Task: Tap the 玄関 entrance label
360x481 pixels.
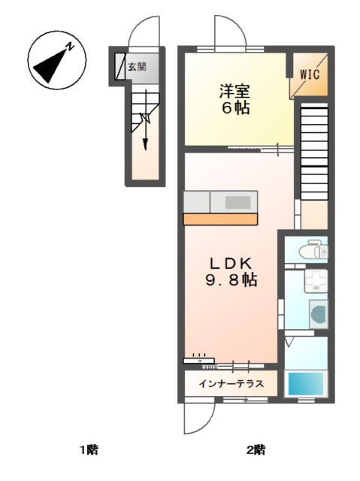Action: [x=137, y=67]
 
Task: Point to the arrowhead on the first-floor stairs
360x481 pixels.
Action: [x=144, y=147]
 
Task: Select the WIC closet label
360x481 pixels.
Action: [x=310, y=74]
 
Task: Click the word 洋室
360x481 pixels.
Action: [x=234, y=92]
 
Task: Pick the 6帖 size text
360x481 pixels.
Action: [x=234, y=108]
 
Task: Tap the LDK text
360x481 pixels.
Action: [x=234, y=264]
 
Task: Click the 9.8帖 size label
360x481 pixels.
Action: [x=234, y=281]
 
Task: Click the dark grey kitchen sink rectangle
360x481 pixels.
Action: [x=239, y=201]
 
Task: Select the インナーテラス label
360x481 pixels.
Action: [x=231, y=384]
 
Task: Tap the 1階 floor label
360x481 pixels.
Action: [x=89, y=451]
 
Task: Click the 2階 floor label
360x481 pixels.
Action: [x=255, y=451]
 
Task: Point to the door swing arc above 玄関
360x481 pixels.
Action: [x=143, y=32]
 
